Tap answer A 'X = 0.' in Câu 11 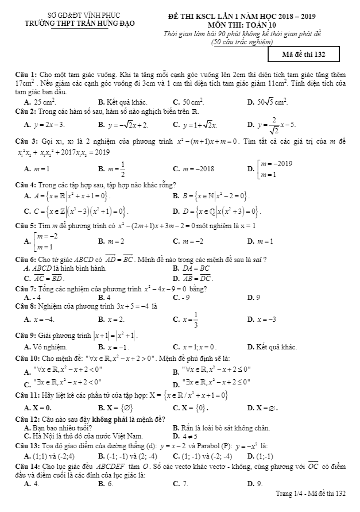42,407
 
